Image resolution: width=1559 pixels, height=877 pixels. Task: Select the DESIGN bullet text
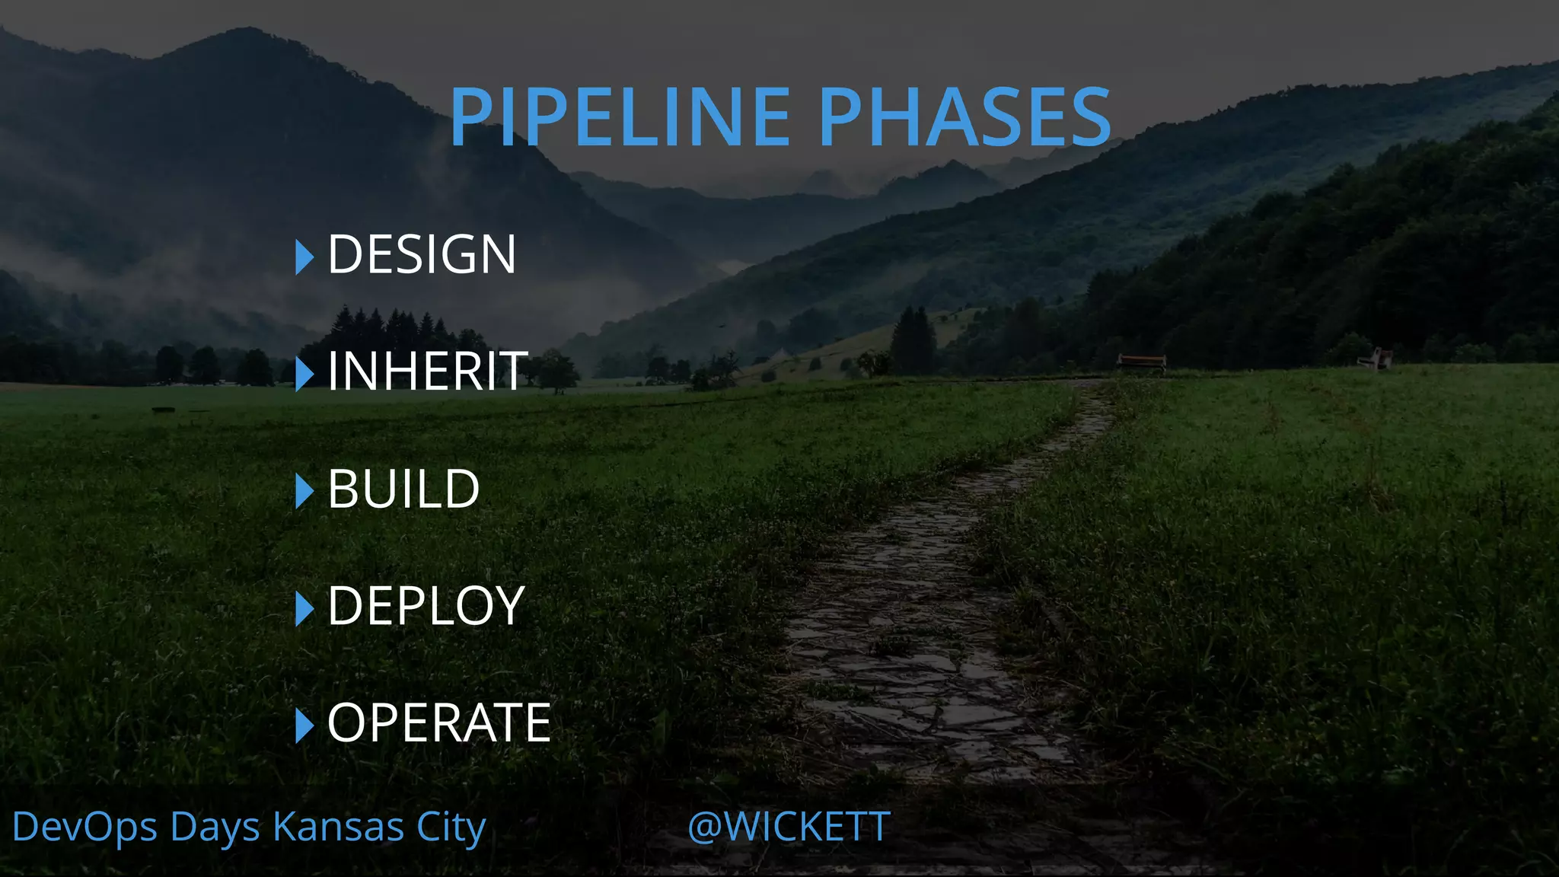click(422, 254)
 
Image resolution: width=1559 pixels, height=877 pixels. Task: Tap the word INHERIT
click(427, 372)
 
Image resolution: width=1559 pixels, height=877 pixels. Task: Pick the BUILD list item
click(403, 489)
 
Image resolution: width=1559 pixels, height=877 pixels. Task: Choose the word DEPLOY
click(426, 606)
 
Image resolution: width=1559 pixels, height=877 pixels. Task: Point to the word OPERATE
click(438, 722)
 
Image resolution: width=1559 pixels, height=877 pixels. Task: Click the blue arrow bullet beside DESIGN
click(304, 257)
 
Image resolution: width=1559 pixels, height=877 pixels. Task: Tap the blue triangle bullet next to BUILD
click(304, 491)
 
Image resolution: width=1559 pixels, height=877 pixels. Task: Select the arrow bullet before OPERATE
click(304, 726)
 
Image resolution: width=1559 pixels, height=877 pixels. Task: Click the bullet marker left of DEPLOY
click(304, 608)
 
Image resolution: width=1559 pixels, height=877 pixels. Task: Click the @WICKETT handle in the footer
click(789, 827)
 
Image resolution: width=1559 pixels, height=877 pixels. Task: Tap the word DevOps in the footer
click(84, 828)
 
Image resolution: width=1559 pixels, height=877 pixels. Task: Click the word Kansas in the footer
click(338, 828)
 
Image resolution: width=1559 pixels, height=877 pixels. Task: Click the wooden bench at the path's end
click(1141, 362)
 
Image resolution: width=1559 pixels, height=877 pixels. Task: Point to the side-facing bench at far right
click(1375, 357)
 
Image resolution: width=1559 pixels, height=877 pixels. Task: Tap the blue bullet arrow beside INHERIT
click(304, 374)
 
